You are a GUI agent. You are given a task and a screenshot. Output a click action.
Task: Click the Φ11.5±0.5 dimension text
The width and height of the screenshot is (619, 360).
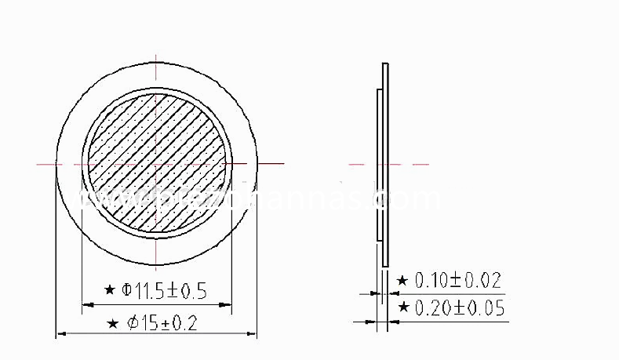tap(165, 291)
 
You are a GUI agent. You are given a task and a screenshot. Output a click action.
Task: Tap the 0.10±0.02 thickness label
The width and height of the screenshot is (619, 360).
tap(458, 280)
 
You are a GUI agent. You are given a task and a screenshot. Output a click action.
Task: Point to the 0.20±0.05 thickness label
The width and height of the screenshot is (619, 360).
tap(459, 307)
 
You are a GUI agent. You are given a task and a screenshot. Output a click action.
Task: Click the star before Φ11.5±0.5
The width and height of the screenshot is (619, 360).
tap(111, 291)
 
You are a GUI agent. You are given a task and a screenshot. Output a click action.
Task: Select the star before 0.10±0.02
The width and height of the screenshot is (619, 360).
tap(402, 280)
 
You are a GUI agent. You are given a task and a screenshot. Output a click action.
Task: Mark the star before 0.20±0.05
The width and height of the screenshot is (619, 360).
tap(402, 307)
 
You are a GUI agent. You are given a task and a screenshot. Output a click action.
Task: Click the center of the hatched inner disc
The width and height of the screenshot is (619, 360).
tap(157, 163)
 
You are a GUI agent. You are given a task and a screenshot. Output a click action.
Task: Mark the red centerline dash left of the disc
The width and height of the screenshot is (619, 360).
tap(46, 163)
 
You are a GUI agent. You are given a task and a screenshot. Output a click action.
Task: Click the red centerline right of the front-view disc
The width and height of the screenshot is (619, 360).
tap(271, 163)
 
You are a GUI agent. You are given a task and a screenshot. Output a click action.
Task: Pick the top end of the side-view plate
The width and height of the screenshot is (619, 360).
tap(385, 64)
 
